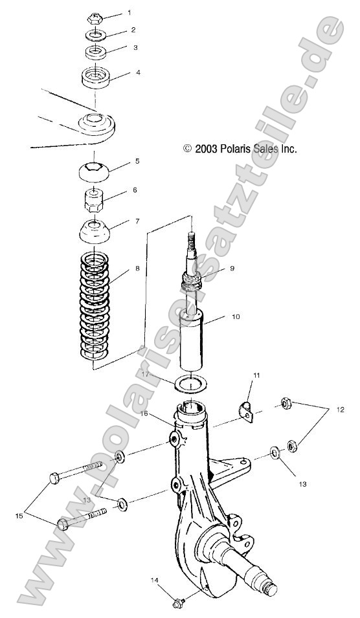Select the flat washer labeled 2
(x=95, y=36)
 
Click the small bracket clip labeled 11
(x=246, y=412)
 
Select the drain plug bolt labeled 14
(x=179, y=602)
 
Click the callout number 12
(x=340, y=410)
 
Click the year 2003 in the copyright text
(x=206, y=149)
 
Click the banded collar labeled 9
(x=192, y=281)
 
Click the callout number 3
(x=135, y=47)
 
